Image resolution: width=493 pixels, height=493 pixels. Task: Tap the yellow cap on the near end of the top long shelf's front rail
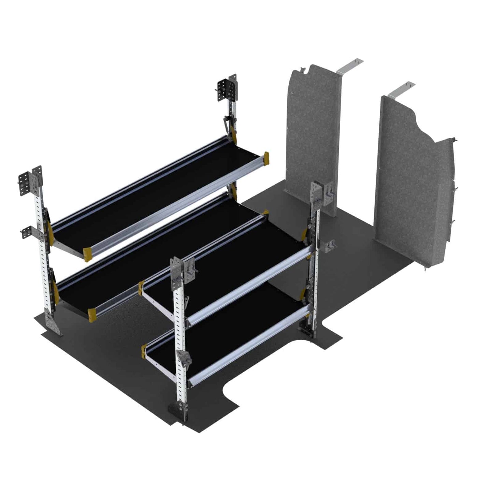point(87,253)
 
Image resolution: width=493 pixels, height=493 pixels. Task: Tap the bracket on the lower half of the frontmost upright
point(184,358)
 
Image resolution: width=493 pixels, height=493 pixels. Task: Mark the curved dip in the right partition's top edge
point(421,125)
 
